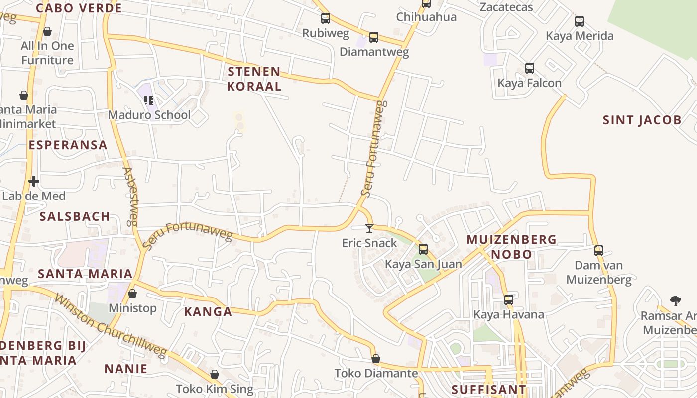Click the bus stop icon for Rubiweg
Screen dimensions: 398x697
(x=326, y=18)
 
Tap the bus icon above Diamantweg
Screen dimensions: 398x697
(x=374, y=37)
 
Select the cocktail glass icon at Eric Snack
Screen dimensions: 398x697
(x=369, y=228)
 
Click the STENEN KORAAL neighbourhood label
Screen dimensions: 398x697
(x=254, y=79)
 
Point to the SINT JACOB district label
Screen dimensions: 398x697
(x=642, y=120)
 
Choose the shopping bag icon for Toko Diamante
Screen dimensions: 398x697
(x=376, y=359)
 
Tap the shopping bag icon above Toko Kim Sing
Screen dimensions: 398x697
(x=215, y=374)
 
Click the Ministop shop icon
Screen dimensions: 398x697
(x=132, y=294)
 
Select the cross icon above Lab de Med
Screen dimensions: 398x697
(x=34, y=181)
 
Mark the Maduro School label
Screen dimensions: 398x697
(x=149, y=115)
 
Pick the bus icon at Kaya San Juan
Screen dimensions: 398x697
(x=423, y=249)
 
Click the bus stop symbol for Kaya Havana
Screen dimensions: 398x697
(x=508, y=300)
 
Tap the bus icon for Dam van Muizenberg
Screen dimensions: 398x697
(x=599, y=251)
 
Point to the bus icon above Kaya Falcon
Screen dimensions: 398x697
(x=530, y=68)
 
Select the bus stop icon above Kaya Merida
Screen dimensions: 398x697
(x=580, y=21)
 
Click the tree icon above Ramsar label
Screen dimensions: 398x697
(x=675, y=300)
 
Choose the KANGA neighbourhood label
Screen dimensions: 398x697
(x=208, y=312)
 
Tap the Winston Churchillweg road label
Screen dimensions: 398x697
(x=110, y=326)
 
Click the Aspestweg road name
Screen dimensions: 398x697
(x=129, y=197)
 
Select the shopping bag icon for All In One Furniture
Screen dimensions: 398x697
(x=47, y=31)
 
